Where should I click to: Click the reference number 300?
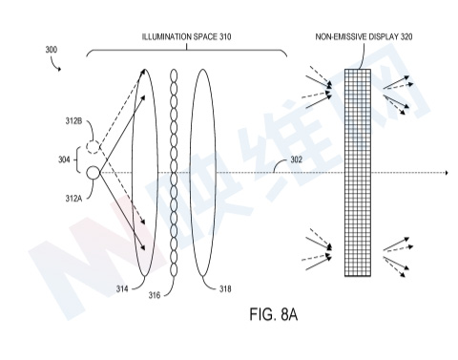point(52,50)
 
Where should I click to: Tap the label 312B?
point(73,121)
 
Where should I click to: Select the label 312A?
point(73,199)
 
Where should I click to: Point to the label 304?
point(64,159)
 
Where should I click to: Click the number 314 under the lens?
point(122,289)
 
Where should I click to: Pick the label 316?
point(155,295)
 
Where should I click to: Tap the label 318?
point(225,289)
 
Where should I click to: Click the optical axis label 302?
point(296,159)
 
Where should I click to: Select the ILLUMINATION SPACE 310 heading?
point(186,37)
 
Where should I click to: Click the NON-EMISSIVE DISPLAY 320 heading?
point(364,37)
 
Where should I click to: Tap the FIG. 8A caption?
point(274,314)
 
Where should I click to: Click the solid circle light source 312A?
point(94,173)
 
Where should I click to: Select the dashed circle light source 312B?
point(94,147)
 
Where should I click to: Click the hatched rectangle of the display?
point(358,173)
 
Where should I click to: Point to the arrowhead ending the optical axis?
point(447,173)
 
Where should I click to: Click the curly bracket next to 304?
point(76,159)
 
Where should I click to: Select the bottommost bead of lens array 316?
point(174,270)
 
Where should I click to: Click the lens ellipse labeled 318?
point(191,173)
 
